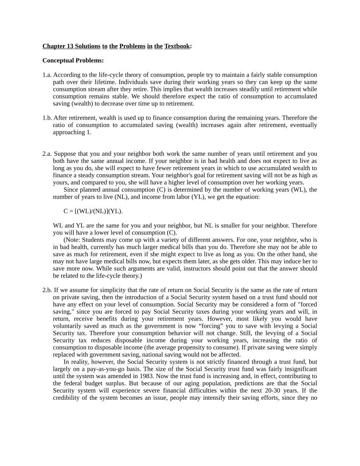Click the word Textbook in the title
[177, 46]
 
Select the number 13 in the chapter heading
[69, 46]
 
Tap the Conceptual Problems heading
[73, 61]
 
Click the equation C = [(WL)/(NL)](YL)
[93, 211]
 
